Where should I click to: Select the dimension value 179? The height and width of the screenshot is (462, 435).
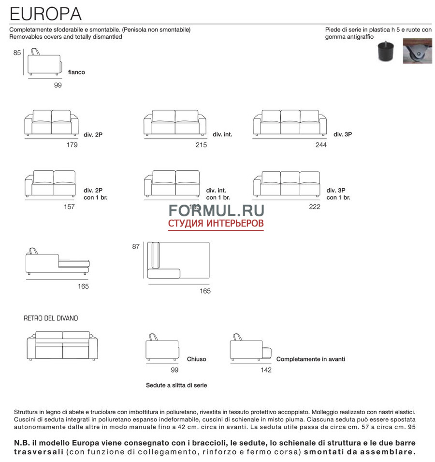click(x=72, y=145)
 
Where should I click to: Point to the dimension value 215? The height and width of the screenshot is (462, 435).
click(x=201, y=145)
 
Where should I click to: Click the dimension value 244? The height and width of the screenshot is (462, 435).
click(x=321, y=145)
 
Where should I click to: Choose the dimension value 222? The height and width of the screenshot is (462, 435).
click(x=314, y=207)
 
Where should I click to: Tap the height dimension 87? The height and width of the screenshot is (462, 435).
click(x=136, y=247)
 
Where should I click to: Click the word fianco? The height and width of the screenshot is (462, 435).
click(x=76, y=72)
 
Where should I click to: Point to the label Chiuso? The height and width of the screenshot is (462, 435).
click(x=196, y=359)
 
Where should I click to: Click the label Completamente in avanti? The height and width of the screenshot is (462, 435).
click(x=310, y=359)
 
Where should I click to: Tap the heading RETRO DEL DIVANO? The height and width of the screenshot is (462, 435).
click(x=51, y=318)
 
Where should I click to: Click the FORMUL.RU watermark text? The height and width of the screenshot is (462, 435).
click(x=216, y=210)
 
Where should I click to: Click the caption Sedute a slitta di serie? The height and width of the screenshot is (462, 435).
click(x=176, y=386)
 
